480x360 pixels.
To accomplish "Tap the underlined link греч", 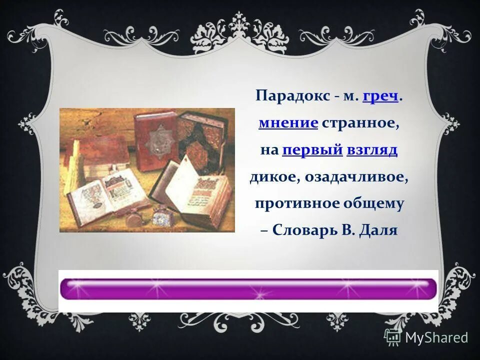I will (x=380, y=96).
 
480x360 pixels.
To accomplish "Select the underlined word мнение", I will (x=288, y=123).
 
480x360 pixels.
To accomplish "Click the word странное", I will (x=360, y=123).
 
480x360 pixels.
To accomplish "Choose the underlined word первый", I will (x=312, y=150).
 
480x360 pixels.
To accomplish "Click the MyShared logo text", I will (x=436, y=337).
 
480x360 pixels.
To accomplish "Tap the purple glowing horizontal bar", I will (x=248, y=289).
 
